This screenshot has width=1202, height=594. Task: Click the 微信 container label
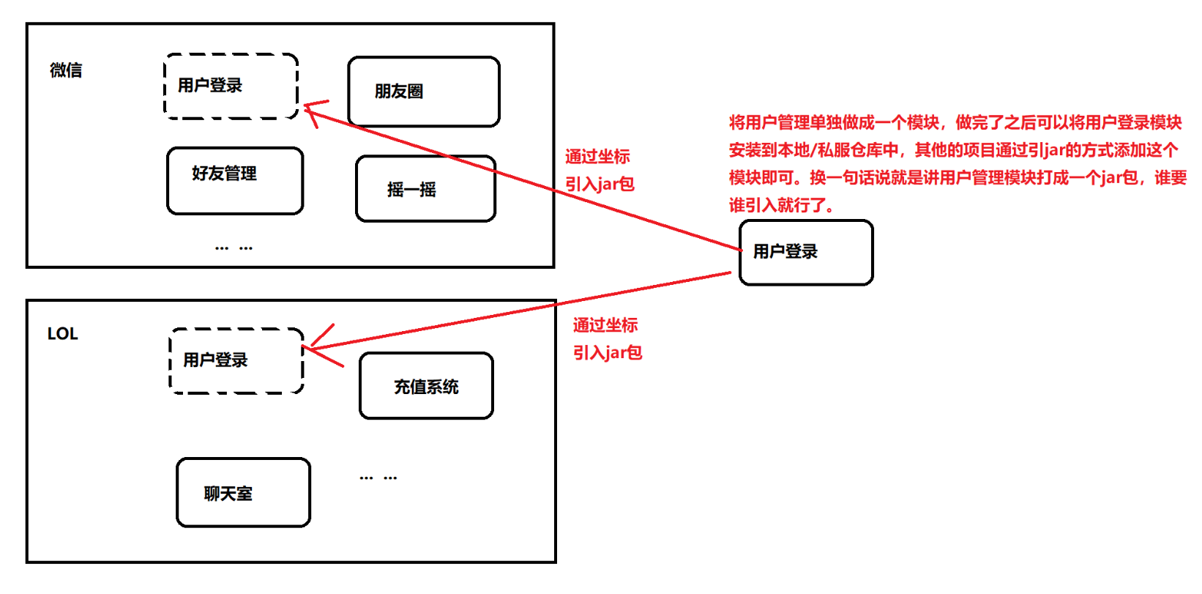[x=66, y=70]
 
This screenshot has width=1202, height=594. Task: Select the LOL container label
[x=62, y=334]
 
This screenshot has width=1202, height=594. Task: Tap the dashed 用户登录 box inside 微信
[x=231, y=86]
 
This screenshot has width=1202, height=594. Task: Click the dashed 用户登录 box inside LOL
[x=236, y=360]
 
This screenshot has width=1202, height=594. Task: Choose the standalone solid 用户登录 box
[x=805, y=252]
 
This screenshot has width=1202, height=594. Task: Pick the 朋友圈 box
[x=423, y=92]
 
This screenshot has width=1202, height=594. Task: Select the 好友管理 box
[x=234, y=181]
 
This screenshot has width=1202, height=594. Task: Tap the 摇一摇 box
[x=425, y=189]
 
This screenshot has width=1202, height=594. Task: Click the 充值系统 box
[x=426, y=386]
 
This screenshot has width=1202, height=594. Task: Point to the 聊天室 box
[x=243, y=493]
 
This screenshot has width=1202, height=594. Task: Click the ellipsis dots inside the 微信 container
[x=234, y=248]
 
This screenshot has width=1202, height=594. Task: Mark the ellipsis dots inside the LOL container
[x=378, y=478]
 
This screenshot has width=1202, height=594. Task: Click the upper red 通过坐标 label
[x=597, y=157]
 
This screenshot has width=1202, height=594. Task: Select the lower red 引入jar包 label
[x=608, y=353]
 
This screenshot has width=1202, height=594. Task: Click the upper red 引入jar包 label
[x=600, y=184]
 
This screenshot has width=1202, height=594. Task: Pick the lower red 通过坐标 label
[x=605, y=325]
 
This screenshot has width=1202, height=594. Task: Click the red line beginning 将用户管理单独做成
[x=955, y=122]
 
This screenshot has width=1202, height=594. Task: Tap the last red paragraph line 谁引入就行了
[x=780, y=205]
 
